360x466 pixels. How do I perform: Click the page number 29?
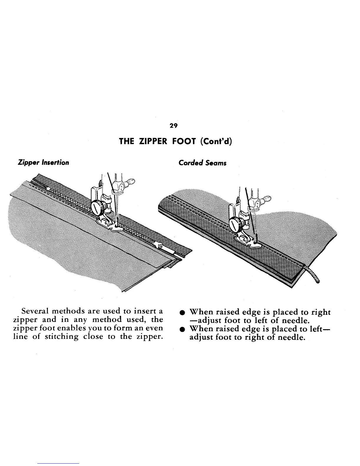174,126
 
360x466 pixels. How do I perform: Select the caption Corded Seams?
202,163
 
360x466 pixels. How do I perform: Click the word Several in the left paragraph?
35,312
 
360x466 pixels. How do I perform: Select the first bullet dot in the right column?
183,312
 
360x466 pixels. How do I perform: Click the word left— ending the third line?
319,329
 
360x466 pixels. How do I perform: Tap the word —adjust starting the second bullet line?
204,320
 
